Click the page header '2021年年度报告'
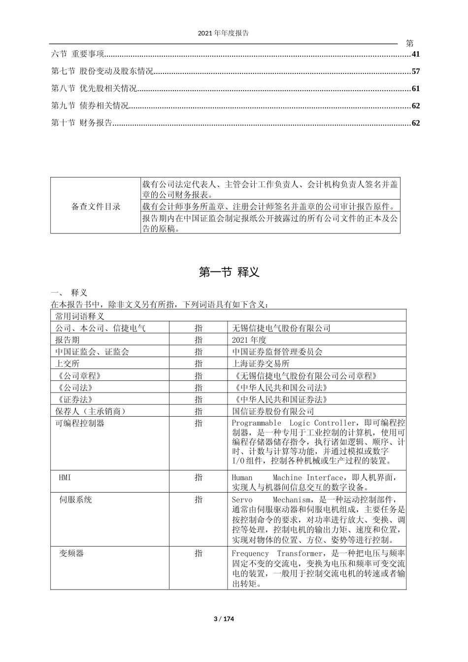(223, 33)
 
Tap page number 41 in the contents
(415, 54)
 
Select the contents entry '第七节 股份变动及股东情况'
(102, 71)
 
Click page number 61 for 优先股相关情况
(415, 89)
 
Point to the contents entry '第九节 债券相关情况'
(90, 105)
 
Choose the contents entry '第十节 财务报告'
(82, 123)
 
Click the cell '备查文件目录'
(96, 206)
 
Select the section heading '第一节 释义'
(229, 272)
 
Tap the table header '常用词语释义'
(80, 316)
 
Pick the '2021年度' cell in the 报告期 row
(249, 340)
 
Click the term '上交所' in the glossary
(67, 364)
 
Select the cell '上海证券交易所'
(261, 364)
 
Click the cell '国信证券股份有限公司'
(272, 411)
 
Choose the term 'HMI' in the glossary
(65, 477)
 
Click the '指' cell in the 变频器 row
(198, 554)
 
